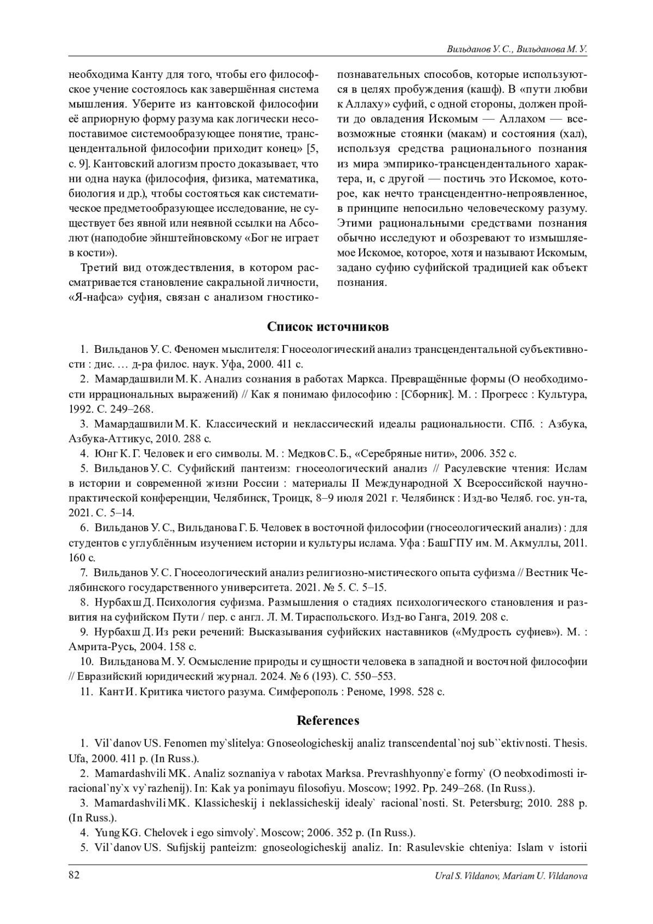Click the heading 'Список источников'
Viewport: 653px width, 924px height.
(328, 327)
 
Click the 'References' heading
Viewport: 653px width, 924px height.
(328, 720)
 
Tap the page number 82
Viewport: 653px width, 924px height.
(74, 874)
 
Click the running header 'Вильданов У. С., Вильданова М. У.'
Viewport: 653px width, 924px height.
(516, 50)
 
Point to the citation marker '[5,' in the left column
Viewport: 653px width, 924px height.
(312, 148)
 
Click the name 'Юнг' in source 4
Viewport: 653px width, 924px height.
(104, 453)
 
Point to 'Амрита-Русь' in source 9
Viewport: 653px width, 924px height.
(97, 647)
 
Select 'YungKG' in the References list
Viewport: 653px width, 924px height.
(111, 833)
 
